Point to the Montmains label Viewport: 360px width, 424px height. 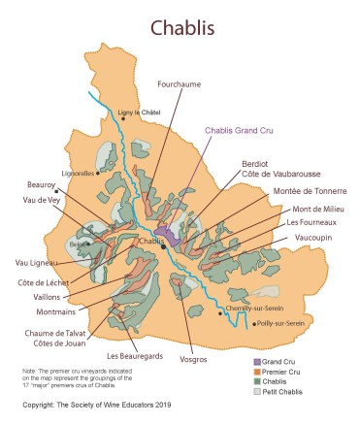point(59,312)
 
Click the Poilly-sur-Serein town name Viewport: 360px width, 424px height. point(282,323)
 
